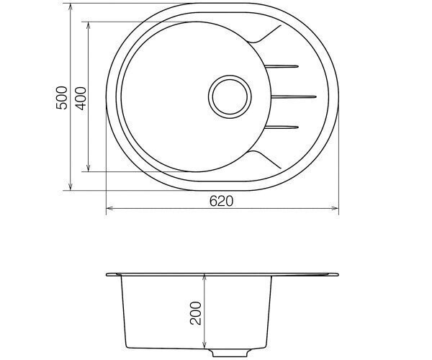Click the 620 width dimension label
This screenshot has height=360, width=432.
coord(221,201)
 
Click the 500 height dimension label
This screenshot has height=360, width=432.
coord(62,98)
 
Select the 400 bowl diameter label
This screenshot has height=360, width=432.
coord(81,99)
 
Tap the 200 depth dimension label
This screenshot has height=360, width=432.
coord(196,313)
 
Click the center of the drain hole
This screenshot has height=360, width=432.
coord(230,96)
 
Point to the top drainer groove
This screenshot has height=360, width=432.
coord(282,66)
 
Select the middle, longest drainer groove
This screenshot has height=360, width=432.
coord(294,96)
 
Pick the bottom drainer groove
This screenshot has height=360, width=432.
coord(282,127)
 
